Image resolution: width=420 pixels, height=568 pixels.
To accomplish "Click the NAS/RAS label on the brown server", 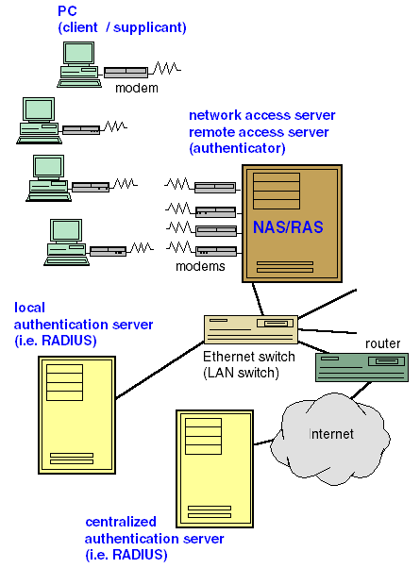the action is tap(288, 227).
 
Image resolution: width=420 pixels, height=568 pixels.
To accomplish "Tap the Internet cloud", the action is tap(330, 440).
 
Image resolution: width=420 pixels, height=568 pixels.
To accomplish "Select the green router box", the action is tap(361, 367).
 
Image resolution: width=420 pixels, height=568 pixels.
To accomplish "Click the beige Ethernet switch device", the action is tap(251, 329).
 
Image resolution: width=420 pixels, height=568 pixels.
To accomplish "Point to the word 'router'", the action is tap(382, 343).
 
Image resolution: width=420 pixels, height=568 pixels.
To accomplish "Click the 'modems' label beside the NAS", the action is tap(200, 266).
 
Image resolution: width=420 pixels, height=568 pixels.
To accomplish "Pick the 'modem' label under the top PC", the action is tap(137, 88).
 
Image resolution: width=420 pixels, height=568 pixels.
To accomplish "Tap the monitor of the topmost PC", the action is tap(78, 54).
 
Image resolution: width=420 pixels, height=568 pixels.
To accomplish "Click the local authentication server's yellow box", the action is tap(76, 415).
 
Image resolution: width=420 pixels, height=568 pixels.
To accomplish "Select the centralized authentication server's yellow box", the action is tap(214, 469).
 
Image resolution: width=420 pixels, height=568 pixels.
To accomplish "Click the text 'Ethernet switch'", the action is tap(249, 357).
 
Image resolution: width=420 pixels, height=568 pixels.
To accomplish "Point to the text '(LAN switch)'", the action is tap(241, 373).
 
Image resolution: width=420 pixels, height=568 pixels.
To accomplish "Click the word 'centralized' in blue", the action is tap(121, 522).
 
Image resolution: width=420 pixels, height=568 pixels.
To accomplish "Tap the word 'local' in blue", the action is tap(29, 308).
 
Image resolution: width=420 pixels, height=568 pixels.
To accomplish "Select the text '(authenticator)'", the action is tap(237, 148).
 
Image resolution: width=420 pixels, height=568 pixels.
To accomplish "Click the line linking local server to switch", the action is tap(160, 370).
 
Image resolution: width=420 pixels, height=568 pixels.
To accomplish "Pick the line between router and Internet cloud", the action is tap(361, 390).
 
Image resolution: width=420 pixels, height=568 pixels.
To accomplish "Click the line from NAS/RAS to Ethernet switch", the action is tap(258, 299).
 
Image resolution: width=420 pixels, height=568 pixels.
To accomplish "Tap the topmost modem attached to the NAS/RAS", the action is tap(215, 187).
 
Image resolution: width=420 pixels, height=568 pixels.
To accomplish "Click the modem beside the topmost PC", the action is tap(126, 72).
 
